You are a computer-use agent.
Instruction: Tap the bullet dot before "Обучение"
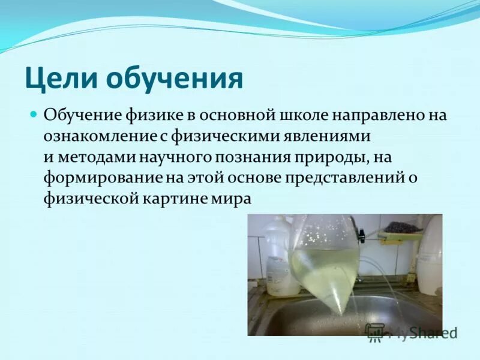[x=34, y=114]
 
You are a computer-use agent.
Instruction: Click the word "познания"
[x=261, y=157]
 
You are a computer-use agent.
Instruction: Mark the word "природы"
[x=339, y=157]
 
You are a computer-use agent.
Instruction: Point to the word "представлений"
[x=347, y=178]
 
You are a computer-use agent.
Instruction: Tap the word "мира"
[x=229, y=199]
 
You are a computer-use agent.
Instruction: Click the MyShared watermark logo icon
[x=375, y=332]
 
